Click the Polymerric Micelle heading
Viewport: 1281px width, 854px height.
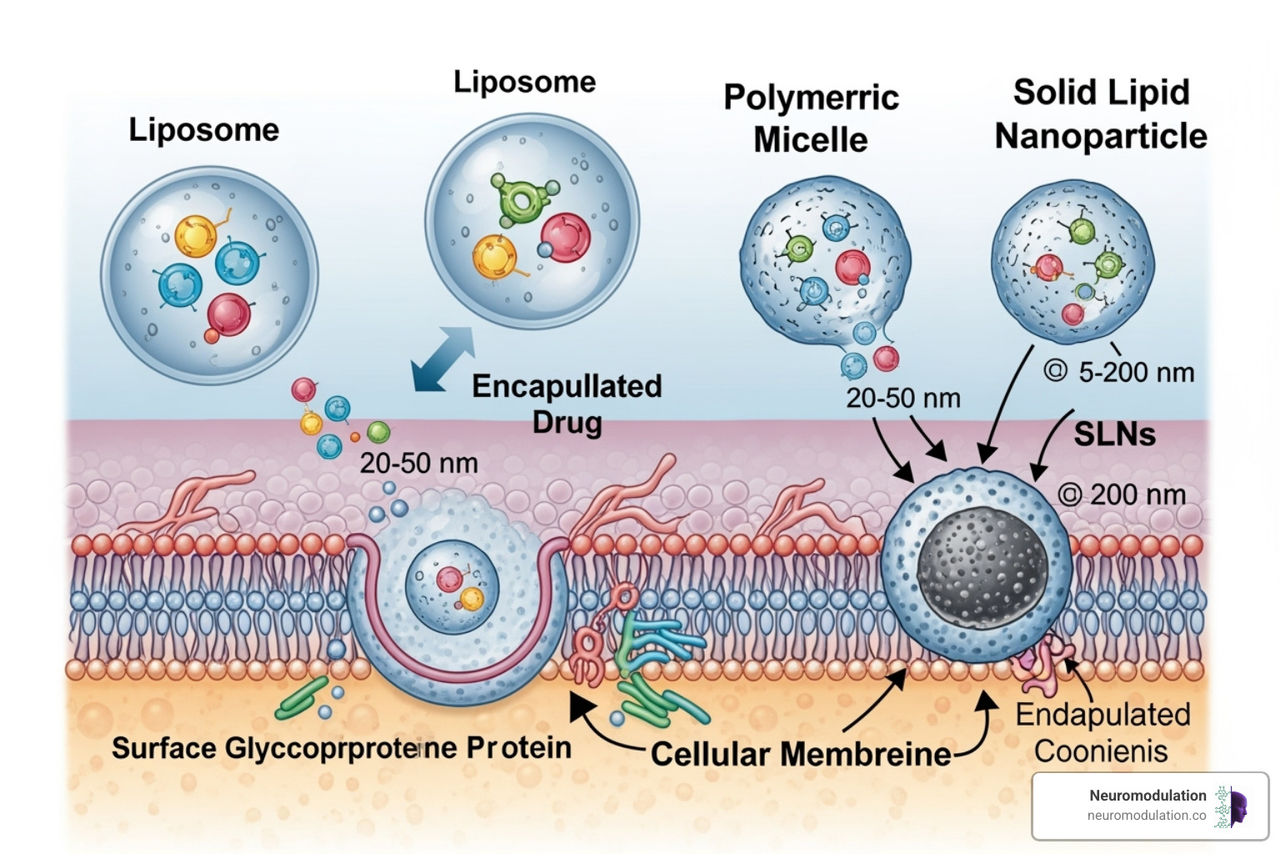(x=811, y=118)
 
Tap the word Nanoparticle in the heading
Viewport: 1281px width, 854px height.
(x=1101, y=136)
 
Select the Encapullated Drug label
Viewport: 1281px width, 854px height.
(x=567, y=404)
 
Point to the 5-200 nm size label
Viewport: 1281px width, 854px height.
(x=1136, y=372)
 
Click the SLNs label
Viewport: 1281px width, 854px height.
(x=1114, y=434)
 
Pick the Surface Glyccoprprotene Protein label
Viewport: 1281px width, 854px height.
(x=341, y=748)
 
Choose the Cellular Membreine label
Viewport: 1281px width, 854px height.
(x=801, y=754)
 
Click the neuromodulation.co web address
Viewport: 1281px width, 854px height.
(x=1146, y=816)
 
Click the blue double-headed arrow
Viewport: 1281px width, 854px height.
(x=443, y=359)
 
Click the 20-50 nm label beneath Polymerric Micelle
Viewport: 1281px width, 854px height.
(x=903, y=398)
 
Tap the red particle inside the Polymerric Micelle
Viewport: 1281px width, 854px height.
(x=852, y=267)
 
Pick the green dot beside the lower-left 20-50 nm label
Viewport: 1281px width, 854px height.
(x=379, y=432)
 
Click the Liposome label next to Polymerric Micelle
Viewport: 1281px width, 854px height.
(x=525, y=82)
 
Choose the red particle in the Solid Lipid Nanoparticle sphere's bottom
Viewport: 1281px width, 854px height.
(x=1073, y=314)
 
